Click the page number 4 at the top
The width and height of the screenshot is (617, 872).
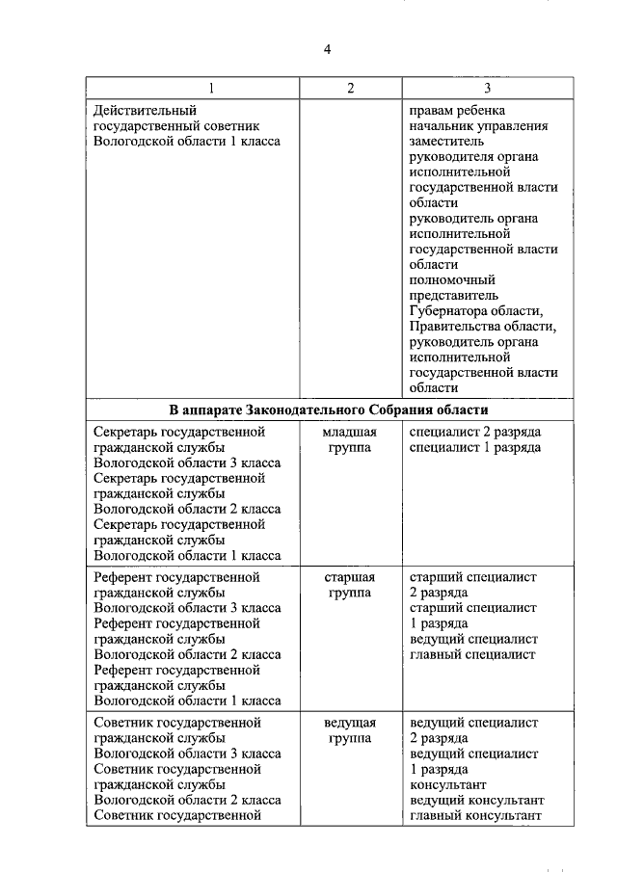click(x=327, y=49)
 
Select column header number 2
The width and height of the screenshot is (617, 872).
click(x=350, y=89)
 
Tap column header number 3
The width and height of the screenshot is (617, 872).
click(x=487, y=89)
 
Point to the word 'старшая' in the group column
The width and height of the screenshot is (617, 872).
click(x=350, y=577)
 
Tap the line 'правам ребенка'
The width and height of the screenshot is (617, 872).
click(x=457, y=110)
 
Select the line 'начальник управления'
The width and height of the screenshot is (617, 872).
click(x=478, y=125)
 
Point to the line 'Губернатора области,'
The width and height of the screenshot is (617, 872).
click(x=477, y=310)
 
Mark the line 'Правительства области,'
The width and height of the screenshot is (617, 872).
click(x=483, y=326)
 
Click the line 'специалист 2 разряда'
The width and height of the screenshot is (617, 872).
click(x=474, y=431)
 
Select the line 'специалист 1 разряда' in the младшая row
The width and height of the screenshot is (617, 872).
click(x=474, y=446)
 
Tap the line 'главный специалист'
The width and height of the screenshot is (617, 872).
click(x=472, y=654)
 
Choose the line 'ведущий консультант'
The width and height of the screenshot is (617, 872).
click(x=477, y=800)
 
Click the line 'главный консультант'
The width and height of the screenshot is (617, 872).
click(x=477, y=815)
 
